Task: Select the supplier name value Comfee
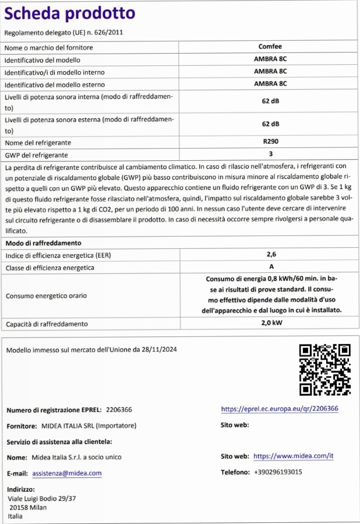pos(270,47)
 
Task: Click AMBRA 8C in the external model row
pos(270,84)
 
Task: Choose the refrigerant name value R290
pos(270,142)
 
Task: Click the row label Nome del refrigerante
pos(38,143)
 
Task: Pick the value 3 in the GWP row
pos(270,154)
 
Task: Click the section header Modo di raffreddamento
pos(44,242)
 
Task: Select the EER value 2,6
pos(270,255)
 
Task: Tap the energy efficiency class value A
pos(270,267)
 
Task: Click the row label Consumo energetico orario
pos(46,296)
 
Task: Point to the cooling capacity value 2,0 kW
pos(270,323)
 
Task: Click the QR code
pos(324,370)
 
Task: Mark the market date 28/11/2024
pos(158,350)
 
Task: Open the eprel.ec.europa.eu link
pos(280,409)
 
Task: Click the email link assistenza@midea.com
pos(71,473)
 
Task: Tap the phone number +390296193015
pos(278,472)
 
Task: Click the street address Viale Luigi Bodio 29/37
pos(42,499)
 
